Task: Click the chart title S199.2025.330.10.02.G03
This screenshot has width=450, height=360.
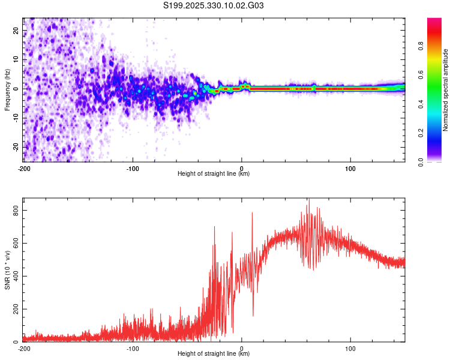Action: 213,5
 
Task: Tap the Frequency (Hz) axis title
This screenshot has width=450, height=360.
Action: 7,90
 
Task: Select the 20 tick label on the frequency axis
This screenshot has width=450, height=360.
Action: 16,30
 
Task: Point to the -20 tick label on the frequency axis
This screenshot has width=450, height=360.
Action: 16,147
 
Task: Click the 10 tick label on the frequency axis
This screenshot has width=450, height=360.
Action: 16,59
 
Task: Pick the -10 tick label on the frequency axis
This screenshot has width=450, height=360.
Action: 16,118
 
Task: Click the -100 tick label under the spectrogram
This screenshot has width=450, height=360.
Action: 133,169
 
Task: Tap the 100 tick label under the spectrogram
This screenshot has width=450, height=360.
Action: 350,169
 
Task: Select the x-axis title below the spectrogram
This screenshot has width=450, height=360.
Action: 214,173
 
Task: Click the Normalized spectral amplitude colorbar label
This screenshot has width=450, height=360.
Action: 445,90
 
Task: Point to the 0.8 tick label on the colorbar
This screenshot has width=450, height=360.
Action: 421,46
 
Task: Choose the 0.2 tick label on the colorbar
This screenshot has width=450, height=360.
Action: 421,133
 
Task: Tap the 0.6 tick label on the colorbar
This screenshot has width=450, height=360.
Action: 421,75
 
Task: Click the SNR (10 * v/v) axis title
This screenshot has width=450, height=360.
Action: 7,270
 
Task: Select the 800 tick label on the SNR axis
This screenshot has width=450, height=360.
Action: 16,211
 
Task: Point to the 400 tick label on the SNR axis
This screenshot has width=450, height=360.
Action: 16,276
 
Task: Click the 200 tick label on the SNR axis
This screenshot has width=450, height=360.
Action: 16,309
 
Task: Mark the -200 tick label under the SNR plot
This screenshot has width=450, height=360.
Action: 24,349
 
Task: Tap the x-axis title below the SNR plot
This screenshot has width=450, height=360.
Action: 214,353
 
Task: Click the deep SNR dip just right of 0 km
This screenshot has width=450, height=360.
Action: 253,315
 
